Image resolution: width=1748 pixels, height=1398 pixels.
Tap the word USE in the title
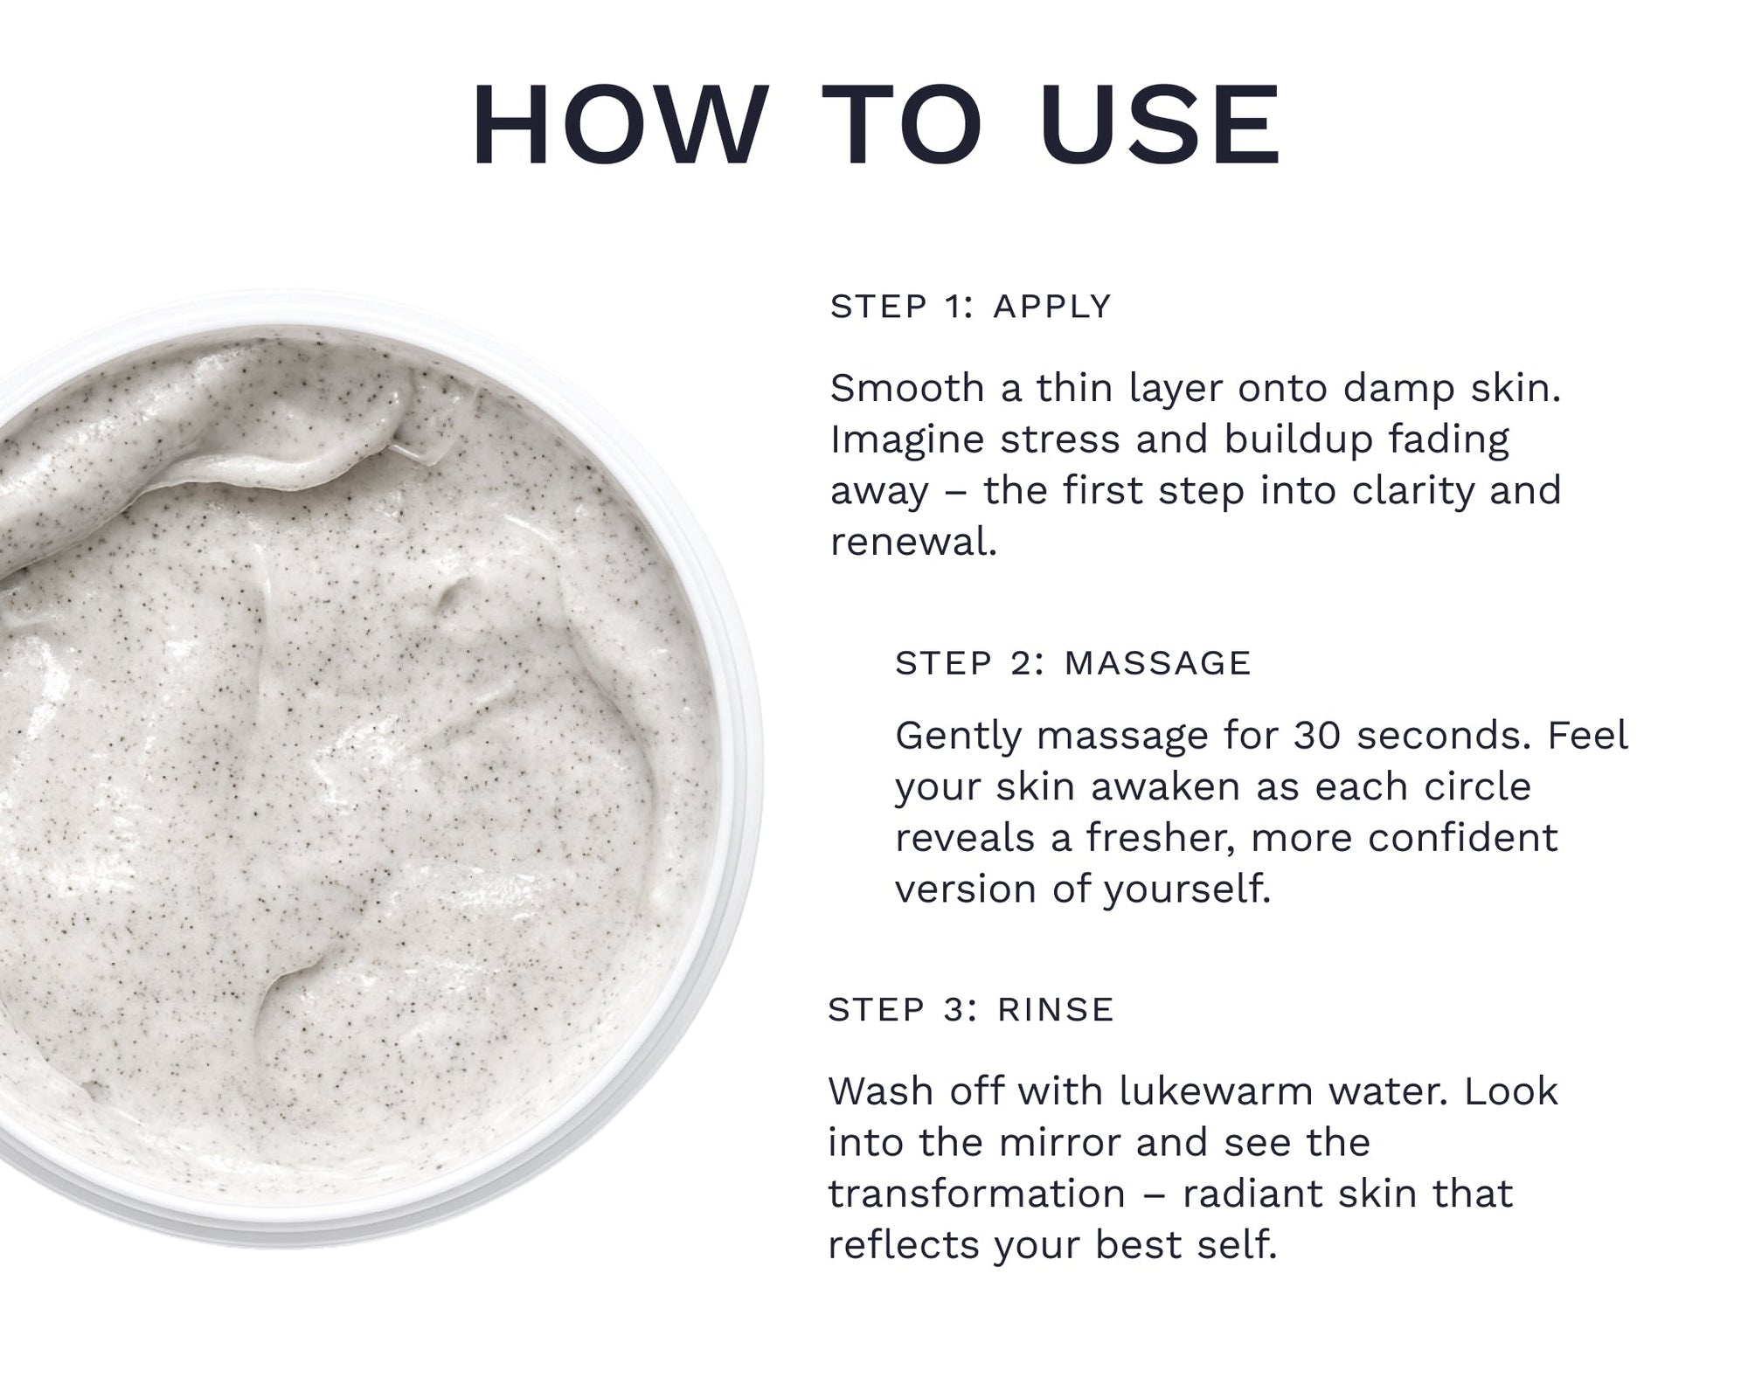point(1160,126)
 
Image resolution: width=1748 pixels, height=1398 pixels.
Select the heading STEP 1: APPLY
point(970,307)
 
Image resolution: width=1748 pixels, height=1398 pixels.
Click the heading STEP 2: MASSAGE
point(1073,663)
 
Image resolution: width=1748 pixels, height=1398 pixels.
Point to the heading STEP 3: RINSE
point(971,1009)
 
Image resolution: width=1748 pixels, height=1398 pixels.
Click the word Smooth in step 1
point(907,388)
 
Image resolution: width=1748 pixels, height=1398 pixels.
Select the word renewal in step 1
point(913,542)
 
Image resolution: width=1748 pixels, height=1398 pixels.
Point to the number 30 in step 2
point(1318,736)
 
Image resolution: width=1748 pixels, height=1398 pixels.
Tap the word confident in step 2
point(1462,838)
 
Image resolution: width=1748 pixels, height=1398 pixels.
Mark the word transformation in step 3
point(976,1194)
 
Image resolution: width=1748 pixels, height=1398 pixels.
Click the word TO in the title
point(904,126)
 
